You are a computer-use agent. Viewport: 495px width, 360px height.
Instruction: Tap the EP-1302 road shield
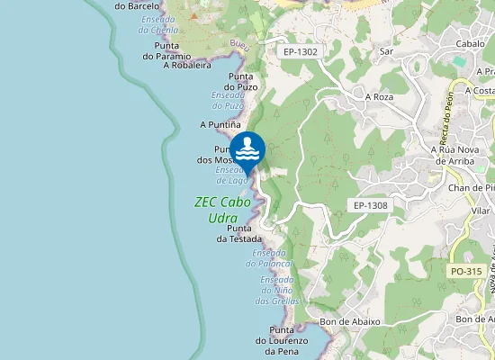point(300,51)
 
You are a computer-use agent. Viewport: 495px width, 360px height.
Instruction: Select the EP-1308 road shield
point(370,205)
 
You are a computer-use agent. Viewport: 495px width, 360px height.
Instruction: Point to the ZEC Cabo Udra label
point(222,210)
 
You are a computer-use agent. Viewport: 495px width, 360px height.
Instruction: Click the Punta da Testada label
point(239,234)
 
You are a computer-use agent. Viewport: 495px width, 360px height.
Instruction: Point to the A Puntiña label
point(220,124)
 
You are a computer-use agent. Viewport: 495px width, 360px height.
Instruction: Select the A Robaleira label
point(186,65)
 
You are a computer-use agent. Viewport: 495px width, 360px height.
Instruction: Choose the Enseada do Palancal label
point(273,258)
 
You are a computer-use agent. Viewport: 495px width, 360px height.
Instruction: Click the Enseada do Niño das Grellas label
point(277,290)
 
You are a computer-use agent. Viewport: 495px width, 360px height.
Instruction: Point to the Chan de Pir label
point(472,186)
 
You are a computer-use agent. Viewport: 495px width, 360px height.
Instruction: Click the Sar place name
point(388,51)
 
